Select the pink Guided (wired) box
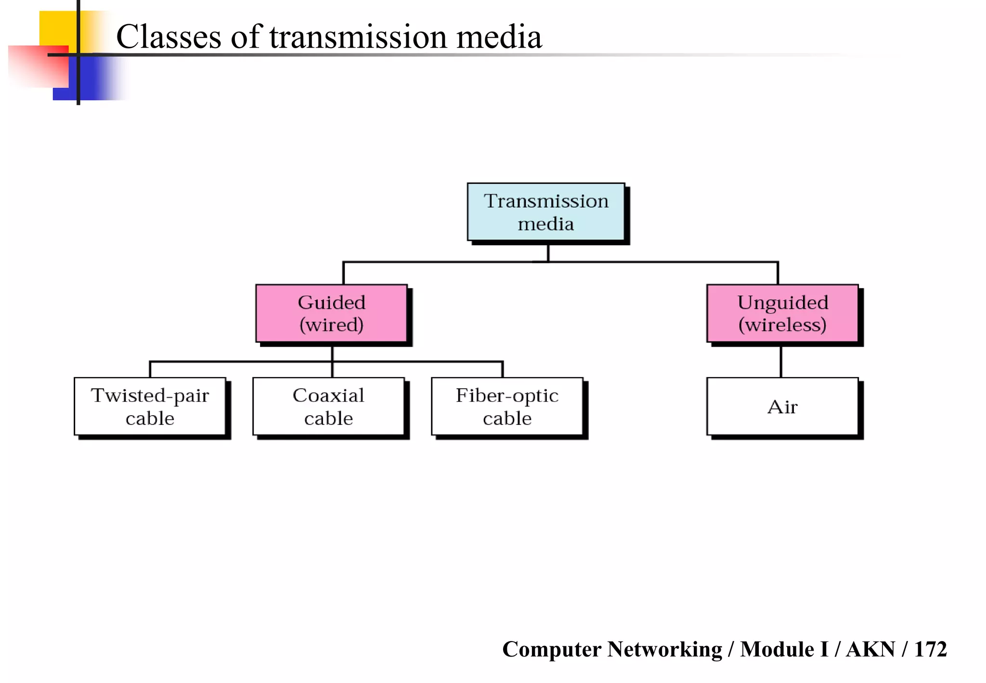(331, 313)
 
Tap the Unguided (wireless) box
(782, 313)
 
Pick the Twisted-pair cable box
(150, 407)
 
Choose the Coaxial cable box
(328, 407)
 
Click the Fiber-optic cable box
(507, 407)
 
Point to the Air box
(782, 407)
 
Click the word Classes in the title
(169, 38)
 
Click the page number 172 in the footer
(930, 649)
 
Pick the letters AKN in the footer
(870, 649)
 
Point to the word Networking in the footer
(664, 649)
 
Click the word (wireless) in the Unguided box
(782, 325)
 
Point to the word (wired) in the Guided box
(331, 325)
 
